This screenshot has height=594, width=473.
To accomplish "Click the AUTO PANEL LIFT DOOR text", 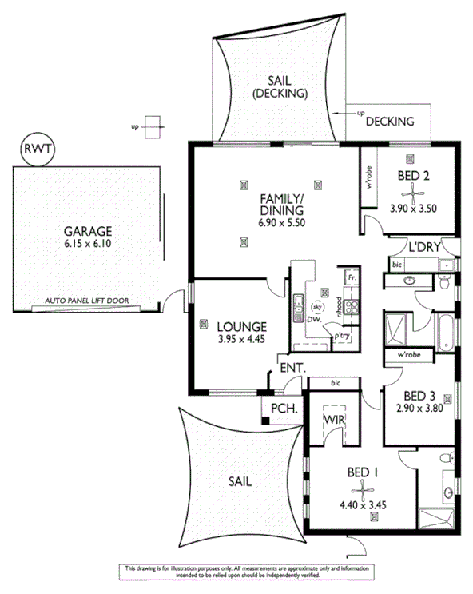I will [87, 302].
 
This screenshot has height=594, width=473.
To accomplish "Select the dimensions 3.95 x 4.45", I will [240, 339].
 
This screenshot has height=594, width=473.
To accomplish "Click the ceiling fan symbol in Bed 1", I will [373, 487].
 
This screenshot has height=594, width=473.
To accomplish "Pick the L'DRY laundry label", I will [424, 247].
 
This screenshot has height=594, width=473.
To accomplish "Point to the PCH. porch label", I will [284, 409].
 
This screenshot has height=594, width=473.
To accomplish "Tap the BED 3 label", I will [419, 395].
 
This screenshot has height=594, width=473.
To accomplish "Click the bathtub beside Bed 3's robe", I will [445, 330].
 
